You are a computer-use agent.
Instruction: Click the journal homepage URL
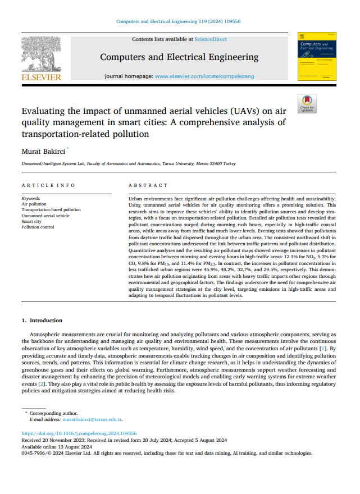[204, 76]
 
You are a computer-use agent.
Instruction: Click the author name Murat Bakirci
[43, 151]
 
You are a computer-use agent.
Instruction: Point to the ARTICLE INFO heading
[48, 185]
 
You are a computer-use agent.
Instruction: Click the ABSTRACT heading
[148, 185]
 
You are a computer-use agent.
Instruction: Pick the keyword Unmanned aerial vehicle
[45, 216]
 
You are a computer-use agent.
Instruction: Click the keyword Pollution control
[38, 227]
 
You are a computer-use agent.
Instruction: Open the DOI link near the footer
[79, 434]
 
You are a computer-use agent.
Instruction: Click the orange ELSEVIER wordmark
[40, 77]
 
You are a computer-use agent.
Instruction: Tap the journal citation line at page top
[178, 21]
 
